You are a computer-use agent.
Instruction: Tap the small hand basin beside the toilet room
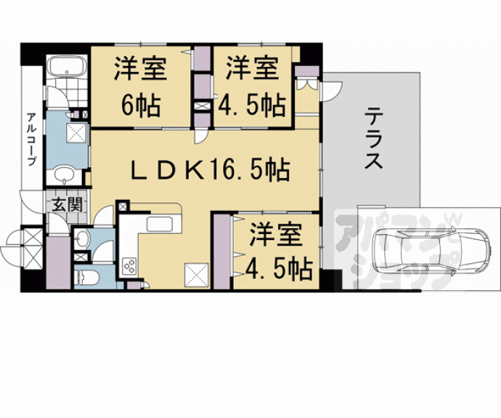click(81, 238)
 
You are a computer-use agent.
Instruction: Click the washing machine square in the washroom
click(76, 132)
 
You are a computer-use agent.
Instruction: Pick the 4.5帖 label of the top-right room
click(251, 105)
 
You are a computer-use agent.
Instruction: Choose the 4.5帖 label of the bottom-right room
click(278, 270)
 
